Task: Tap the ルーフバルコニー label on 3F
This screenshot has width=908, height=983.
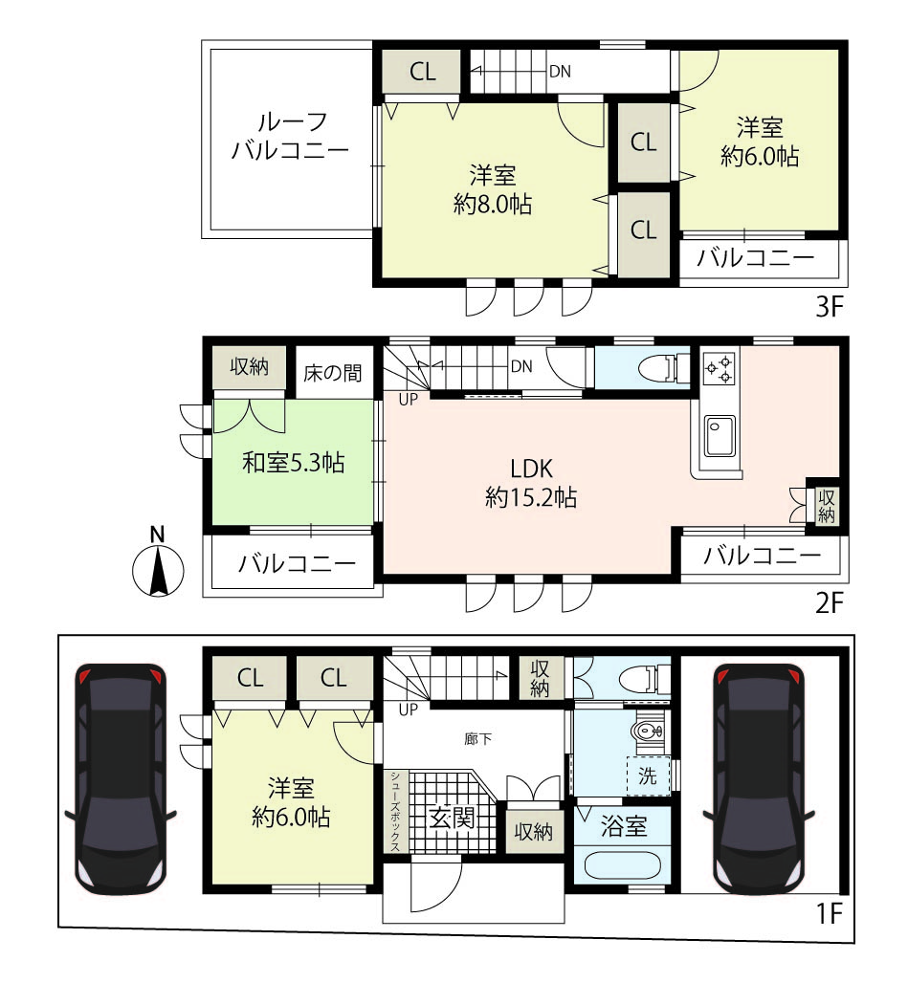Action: (290, 136)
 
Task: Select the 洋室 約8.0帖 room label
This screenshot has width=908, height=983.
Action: (493, 189)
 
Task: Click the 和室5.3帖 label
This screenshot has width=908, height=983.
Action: (294, 463)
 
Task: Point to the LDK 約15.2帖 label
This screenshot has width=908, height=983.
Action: (531, 483)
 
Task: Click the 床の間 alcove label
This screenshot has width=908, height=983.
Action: (332, 373)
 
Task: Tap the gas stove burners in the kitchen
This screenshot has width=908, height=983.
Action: (719, 369)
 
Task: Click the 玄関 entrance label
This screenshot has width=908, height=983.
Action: (452, 819)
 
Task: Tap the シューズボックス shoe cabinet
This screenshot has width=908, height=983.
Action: (396, 811)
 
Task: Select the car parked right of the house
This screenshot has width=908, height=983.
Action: (759, 778)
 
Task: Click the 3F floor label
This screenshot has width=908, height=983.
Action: (829, 307)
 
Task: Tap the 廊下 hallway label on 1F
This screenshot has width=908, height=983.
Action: (477, 739)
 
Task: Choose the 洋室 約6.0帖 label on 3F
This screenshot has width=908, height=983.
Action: (760, 142)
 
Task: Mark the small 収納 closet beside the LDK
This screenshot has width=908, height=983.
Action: (826, 506)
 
